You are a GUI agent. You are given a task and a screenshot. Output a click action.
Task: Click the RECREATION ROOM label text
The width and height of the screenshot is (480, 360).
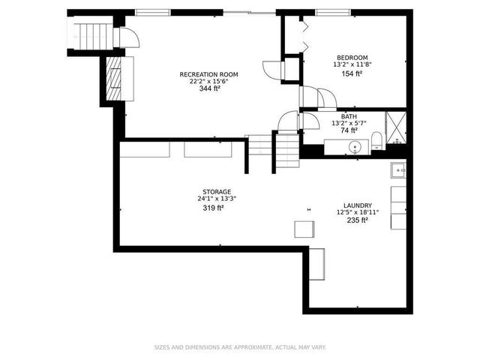[208, 74]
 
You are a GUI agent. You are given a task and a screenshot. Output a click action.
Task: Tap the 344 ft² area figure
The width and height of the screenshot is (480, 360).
[208, 88]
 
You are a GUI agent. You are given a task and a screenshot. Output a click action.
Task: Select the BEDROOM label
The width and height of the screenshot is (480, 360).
[352, 58]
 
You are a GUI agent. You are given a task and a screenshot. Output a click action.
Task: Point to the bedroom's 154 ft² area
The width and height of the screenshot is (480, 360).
[352, 73]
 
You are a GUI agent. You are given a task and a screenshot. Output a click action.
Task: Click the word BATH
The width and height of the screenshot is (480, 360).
[349, 116]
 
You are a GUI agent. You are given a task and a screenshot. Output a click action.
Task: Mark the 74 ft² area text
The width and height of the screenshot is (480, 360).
[349, 130]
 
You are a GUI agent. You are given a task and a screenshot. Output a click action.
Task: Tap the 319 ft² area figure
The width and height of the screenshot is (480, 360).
[214, 207]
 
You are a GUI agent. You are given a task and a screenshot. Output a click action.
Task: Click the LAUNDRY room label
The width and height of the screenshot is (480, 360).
[357, 205]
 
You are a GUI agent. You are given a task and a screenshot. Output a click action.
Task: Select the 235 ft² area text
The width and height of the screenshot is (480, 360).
[357, 220]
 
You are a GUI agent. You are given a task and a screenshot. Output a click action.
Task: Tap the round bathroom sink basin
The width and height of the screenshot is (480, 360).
[356, 145]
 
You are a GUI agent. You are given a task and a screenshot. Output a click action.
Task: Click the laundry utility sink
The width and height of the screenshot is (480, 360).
[398, 170]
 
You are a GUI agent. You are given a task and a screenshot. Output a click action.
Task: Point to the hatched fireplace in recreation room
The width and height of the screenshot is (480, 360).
[114, 73]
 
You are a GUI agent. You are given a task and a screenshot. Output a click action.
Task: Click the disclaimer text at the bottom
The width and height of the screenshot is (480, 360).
[240, 347]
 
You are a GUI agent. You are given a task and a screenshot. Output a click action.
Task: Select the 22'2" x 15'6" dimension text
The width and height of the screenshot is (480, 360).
[208, 81]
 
